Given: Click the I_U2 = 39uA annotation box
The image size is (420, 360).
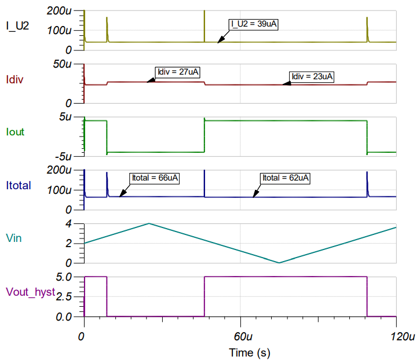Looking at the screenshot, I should click(254, 24).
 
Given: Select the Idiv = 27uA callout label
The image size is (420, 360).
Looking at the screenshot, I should click(178, 72).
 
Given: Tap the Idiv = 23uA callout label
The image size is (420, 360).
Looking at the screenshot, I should click(312, 76).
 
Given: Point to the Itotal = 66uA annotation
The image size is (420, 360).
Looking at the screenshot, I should click(154, 178).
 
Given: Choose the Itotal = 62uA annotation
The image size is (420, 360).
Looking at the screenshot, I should click(286, 178).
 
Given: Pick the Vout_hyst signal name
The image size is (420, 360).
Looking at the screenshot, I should click(30, 292).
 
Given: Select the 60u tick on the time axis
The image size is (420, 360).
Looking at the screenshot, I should click(240, 336).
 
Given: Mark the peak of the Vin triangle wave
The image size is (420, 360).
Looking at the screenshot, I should click(149, 223).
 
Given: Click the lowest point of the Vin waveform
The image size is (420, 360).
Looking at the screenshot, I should click(279, 263).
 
